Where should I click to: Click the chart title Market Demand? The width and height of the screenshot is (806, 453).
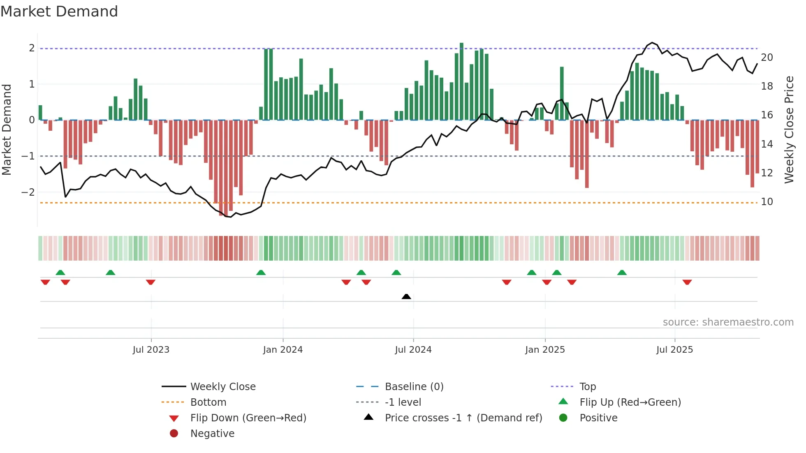point(59,12)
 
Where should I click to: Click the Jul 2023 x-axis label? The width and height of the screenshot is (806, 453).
point(151,350)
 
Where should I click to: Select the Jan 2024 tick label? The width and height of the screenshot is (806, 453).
point(283,350)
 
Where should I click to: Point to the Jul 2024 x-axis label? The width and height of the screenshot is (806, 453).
point(413,350)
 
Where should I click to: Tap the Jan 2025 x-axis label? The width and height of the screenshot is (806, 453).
point(545,350)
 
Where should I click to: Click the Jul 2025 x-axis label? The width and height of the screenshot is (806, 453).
point(675,350)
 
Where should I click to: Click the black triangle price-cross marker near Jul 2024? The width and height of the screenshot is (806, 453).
point(406,296)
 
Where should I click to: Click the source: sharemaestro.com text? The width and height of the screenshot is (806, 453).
point(728,322)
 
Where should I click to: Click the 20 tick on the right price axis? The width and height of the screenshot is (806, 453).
point(767,58)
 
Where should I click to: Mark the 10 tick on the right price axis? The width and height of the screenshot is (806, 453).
point(767,202)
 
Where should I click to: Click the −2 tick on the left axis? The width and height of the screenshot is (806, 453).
point(28,192)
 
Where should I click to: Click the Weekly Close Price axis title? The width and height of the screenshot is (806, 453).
point(789,129)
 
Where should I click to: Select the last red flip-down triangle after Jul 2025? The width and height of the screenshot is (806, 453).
point(687,282)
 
